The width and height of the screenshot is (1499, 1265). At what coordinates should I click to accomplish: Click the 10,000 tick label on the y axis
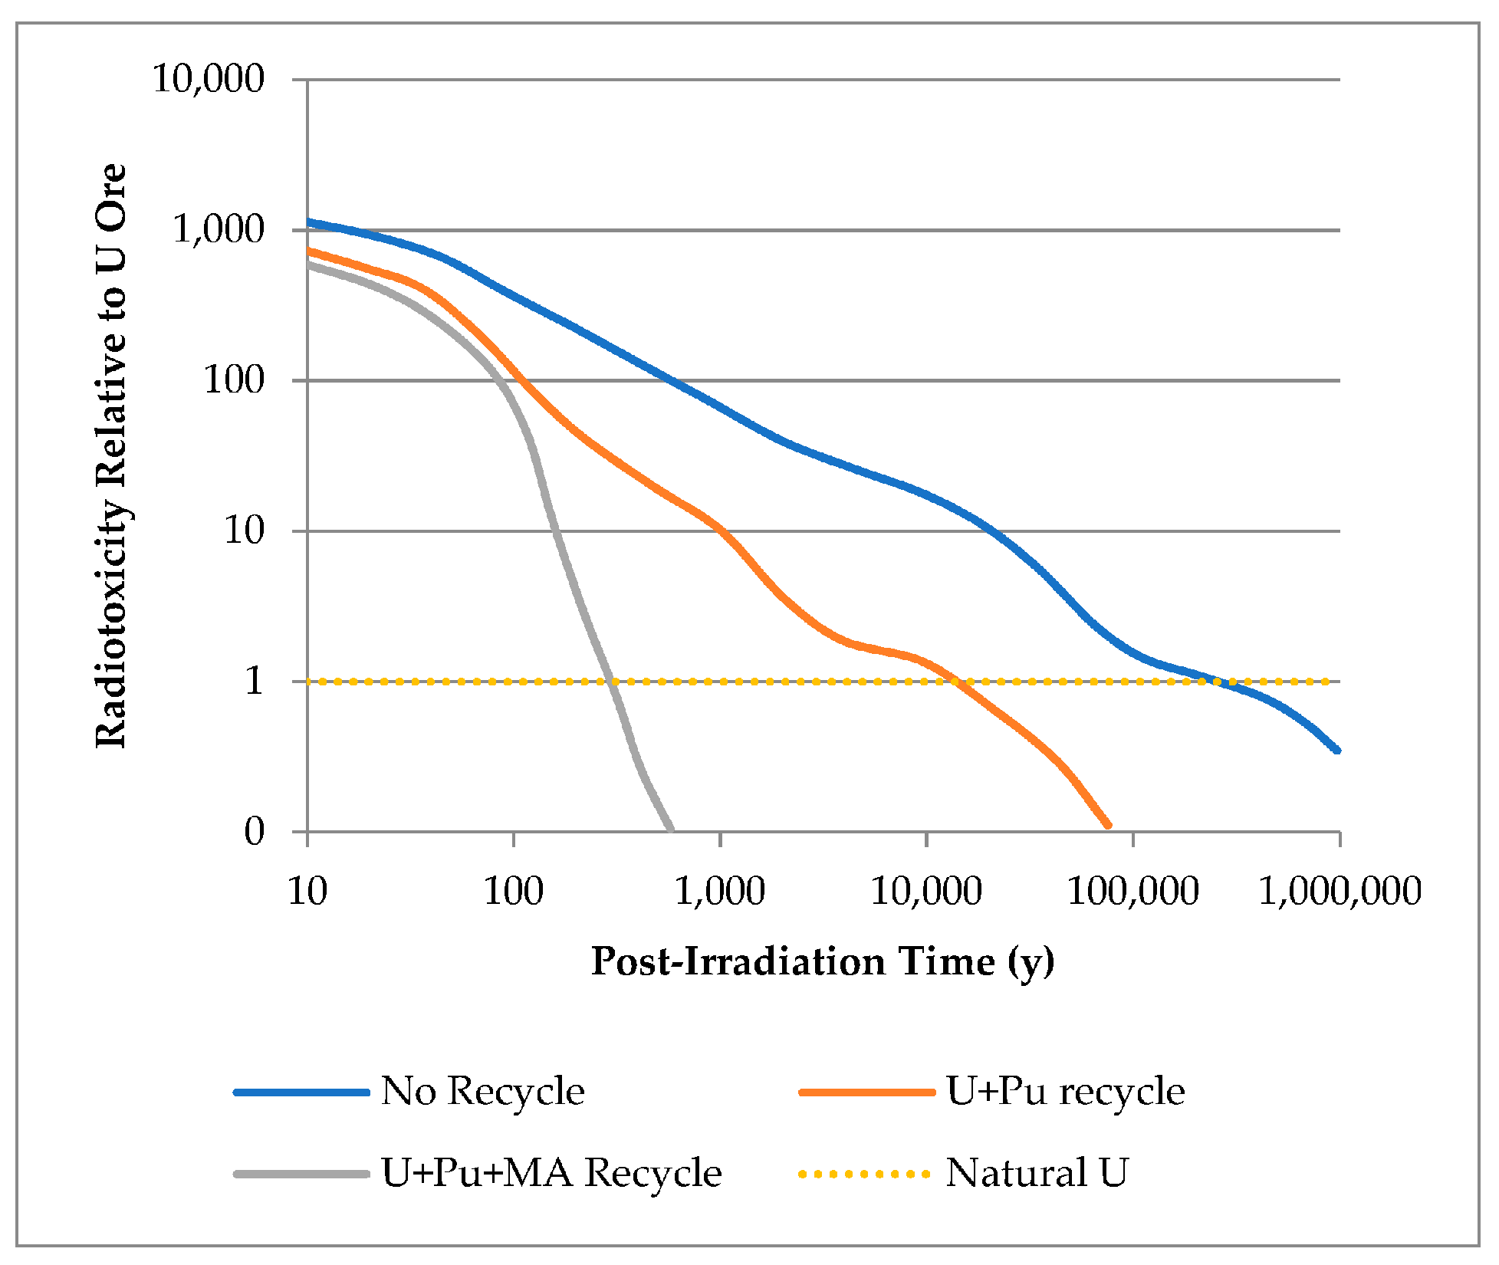(x=209, y=78)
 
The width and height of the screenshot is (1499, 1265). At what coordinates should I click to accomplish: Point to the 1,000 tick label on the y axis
(x=219, y=228)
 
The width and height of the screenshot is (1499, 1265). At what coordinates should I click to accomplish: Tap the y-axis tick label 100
(x=234, y=379)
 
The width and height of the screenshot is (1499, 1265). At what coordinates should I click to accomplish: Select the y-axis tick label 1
(x=255, y=681)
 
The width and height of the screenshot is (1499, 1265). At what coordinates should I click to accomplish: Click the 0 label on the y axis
(x=255, y=831)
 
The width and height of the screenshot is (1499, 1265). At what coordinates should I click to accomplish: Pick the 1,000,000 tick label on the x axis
(x=1340, y=891)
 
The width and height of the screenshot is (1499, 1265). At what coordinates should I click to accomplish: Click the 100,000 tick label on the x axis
(x=1132, y=891)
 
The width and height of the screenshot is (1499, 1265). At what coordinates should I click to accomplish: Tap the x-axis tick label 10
(x=307, y=891)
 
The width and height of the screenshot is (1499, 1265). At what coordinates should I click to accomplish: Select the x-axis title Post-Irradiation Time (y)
(x=823, y=961)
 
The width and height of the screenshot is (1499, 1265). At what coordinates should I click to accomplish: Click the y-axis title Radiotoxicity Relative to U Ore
(x=111, y=455)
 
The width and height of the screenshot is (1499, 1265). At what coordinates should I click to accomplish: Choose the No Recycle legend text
(x=482, y=1091)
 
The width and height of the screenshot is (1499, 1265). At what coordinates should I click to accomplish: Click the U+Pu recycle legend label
(x=1065, y=1091)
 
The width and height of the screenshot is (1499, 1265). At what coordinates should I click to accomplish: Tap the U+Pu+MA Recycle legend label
(x=551, y=1173)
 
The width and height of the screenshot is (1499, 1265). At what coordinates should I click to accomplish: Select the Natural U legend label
(x=1037, y=1173)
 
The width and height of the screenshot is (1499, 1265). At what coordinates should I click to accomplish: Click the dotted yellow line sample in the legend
(x=865, y=1174)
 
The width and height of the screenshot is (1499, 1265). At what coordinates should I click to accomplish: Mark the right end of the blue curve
(x=1337, y=751)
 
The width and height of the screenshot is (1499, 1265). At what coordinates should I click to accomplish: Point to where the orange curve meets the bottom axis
(x=1108, y=826)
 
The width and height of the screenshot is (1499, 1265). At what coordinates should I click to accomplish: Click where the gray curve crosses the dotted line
(x=610, y=681)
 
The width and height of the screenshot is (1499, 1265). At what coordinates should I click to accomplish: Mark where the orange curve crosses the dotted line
(x=955, y=681)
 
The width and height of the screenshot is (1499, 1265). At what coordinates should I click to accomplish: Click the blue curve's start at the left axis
(x=308, y=222)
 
